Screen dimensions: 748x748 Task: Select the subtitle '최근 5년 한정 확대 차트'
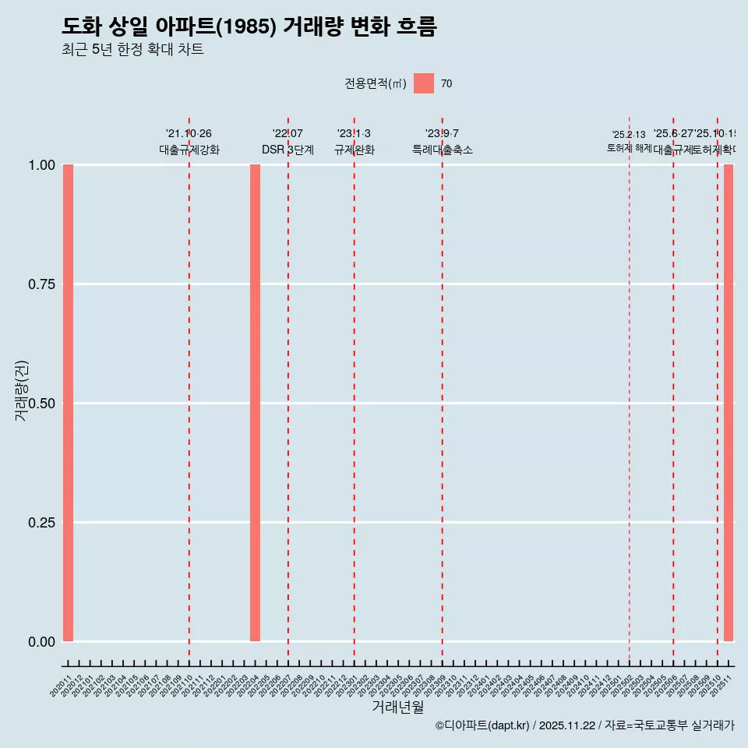click(132, 50)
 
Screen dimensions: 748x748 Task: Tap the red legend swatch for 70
click(423, 83)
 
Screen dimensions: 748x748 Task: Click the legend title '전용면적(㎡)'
click(375, 84)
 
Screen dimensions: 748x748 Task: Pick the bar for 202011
click(68, 403)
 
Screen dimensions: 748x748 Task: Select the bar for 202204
click(255, 403)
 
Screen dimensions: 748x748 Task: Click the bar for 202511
click(729, 403)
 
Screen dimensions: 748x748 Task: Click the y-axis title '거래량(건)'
click(22, 390)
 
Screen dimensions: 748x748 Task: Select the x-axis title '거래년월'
click(397, 707)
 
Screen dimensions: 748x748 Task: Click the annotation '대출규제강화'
click(189, 150)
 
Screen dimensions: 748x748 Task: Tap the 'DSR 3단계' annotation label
click(288, 150)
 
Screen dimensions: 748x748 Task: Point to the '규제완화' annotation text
click(354, 150)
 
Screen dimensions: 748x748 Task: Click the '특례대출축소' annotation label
click(443, 150)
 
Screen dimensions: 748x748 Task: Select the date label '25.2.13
click(629, 135)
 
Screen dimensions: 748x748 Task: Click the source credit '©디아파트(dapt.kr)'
click(482, 725)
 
